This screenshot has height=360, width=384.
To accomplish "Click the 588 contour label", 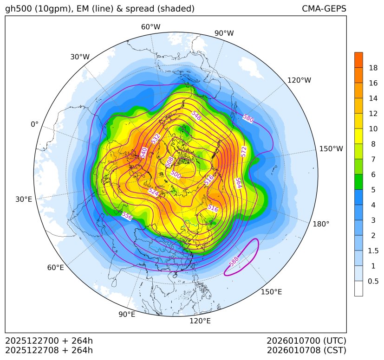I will click(x=234, y=261).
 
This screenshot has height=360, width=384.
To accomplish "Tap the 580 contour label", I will click(x=248, y=118).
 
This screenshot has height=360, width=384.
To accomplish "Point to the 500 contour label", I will click(x=176, y=174).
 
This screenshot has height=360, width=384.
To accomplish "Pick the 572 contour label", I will click(x=244, y=151).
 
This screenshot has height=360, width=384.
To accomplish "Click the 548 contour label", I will click(x=196, y=117).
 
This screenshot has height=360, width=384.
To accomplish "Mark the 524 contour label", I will click(x=153, y=191).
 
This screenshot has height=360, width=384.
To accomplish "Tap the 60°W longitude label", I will click(x=150, y=27).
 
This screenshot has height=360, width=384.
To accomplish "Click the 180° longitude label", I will click(x=321, y=224).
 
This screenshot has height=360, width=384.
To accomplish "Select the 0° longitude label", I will click(x=35, y=124).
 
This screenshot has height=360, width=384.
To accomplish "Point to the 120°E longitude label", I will click(x=200, y=321).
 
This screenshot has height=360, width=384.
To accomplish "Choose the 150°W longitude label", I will click(x=331, y=149).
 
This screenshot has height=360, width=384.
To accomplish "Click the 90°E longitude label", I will click(x=127, y=315).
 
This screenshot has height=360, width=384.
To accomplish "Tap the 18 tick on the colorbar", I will click(x=373, y=68).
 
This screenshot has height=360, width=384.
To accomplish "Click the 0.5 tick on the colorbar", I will click(x=373, y=281).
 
